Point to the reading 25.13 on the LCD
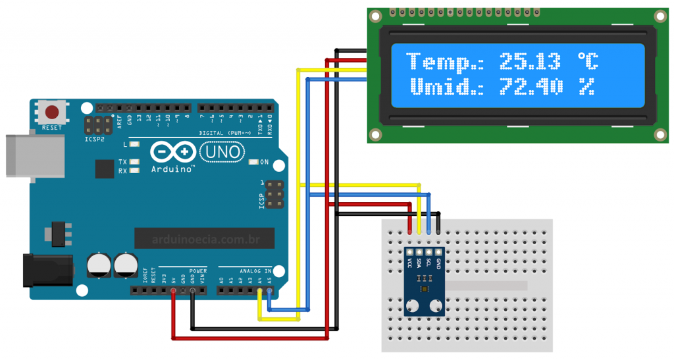[530, 63]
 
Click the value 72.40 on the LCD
[531, 86]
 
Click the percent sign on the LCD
[586, 86]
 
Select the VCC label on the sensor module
[409, 263]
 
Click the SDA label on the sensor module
[419, 263]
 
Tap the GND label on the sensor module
[438, 263]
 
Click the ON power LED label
[264, 162]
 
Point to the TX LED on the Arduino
[135, 161]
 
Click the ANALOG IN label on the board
[254, 270]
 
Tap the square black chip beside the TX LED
[105, 169]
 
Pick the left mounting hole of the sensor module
[413, 305]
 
